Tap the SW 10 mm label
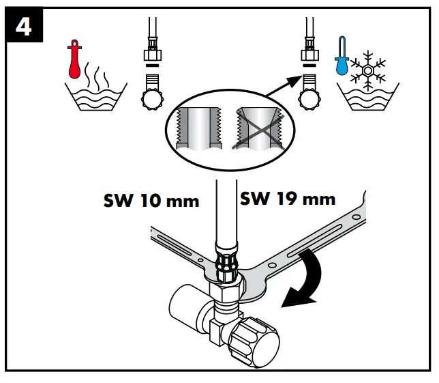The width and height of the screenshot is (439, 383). (x=151, y=201)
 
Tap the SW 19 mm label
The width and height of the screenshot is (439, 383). (x=288, y=199)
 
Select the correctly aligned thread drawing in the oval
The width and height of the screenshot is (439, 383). (x=198, y=128)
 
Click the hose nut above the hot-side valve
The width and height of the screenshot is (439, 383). (x=153, y=53)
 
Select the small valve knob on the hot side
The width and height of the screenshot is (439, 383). (x=153, y=96)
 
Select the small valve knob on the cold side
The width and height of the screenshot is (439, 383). (x=309, y=96)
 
